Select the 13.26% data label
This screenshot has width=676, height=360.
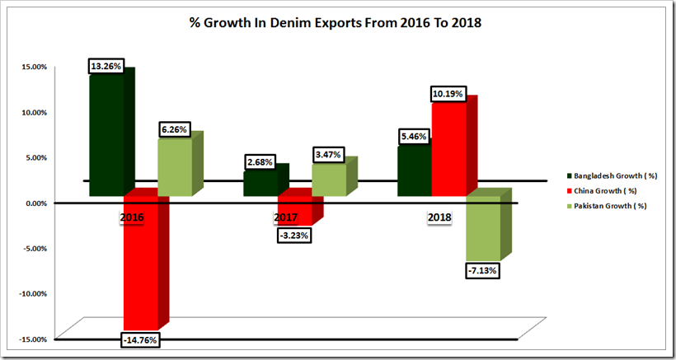(x=106, y=66)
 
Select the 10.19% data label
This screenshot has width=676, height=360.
(x=448, y=92)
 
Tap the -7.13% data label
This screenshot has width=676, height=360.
(x=483, y=269)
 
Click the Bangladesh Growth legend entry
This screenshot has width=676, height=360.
(x=609, y=175)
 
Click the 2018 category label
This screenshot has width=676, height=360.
(x=438, y=217)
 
